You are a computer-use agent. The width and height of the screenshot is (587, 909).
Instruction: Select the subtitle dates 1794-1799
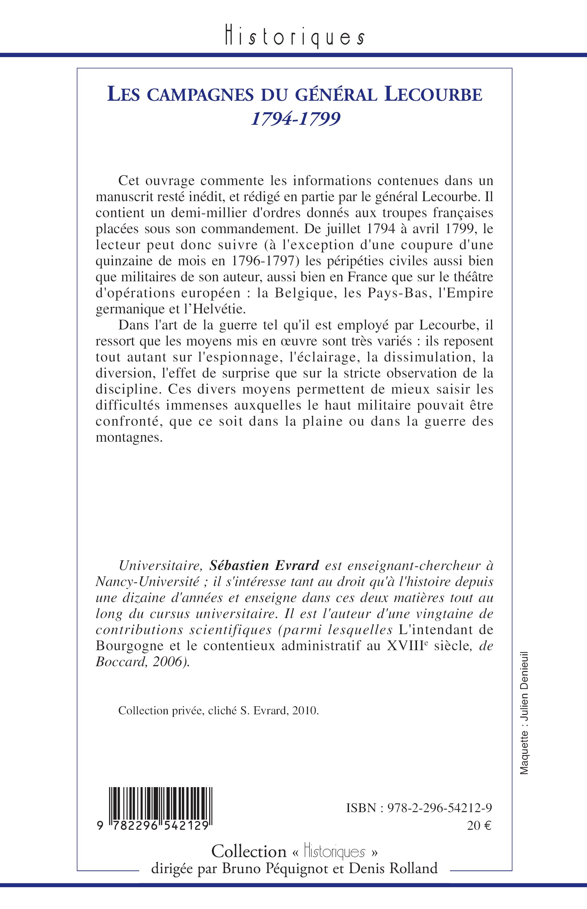click(x=295, y=119)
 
